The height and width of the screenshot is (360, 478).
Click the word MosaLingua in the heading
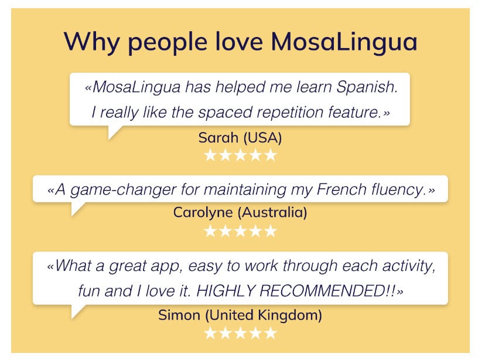click(344, 42)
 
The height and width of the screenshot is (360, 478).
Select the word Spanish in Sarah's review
click(367, 88)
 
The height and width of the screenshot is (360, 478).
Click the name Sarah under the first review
click(216, 138)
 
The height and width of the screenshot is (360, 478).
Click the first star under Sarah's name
click(210, 155)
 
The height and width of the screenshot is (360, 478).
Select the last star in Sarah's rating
click(269, 155)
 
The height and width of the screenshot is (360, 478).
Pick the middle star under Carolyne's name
click(240, 230)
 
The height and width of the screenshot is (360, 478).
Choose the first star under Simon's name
click(210, 333)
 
